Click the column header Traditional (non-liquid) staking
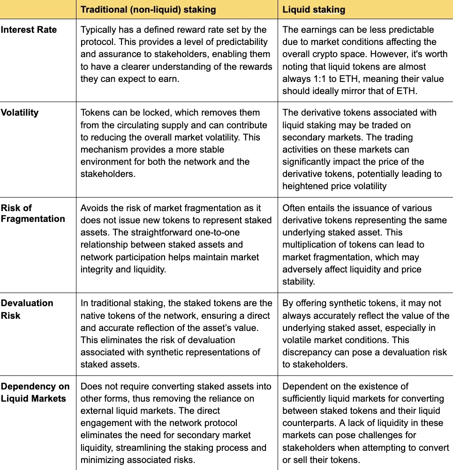[148, 9]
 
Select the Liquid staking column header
[314, 9]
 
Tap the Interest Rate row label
[29, 29]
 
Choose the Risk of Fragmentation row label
[33, 213]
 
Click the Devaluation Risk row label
[27, 309]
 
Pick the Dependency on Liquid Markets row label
[35, 392]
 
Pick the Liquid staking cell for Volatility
[365, 149]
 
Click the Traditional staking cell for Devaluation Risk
[176, 333]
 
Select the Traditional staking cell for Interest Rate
[176, 54]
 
